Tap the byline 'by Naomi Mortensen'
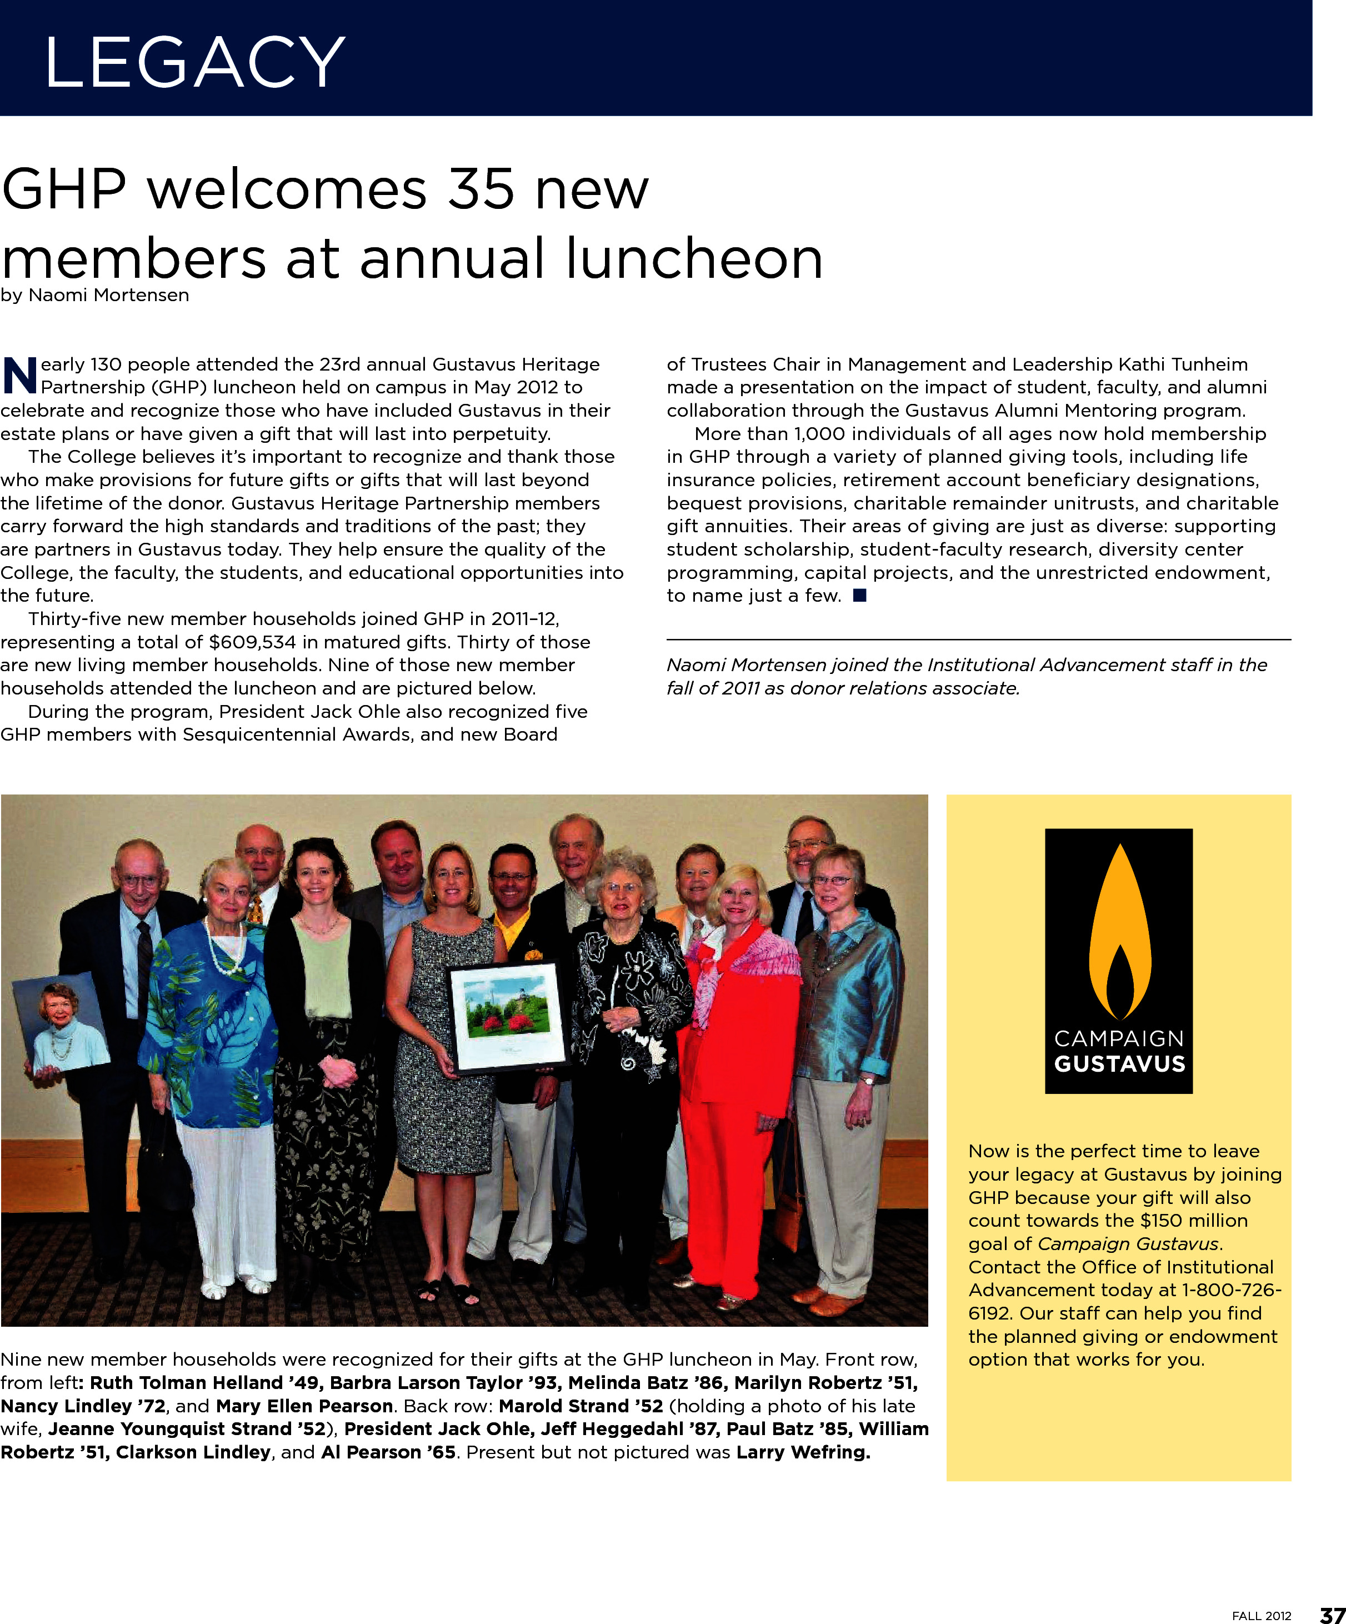point(95,296)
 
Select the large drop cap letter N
point(20,376)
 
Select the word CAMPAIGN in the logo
point(1119,1038)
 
